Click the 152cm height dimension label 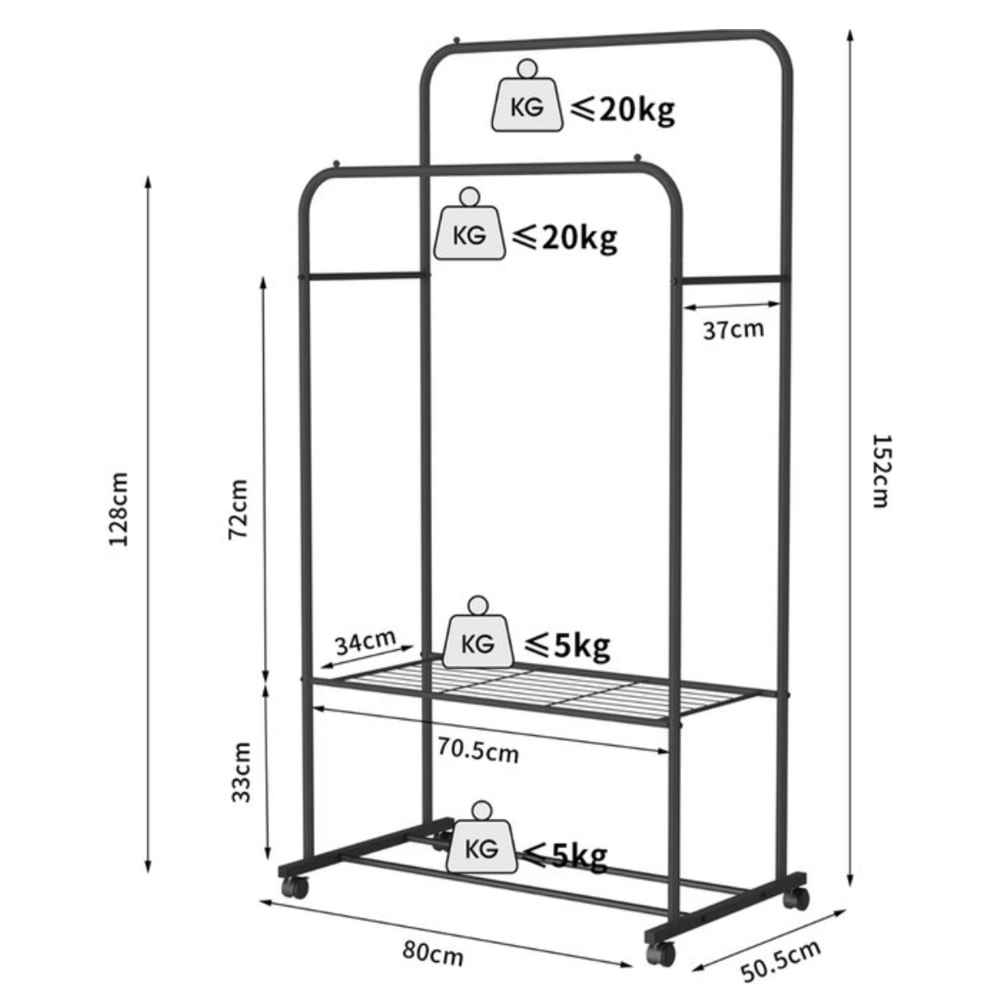click(880, 470)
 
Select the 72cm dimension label click(239, 509)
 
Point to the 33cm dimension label click(243, 771)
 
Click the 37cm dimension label click(733, 328)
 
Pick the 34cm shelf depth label click(364, 642)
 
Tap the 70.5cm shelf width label click(477, 750)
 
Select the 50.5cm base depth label click(781, 961)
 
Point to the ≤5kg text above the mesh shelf click(568, 644)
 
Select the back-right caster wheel click(796, 899)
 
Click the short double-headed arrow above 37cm click(731, 304)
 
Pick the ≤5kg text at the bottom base click(567, 855)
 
